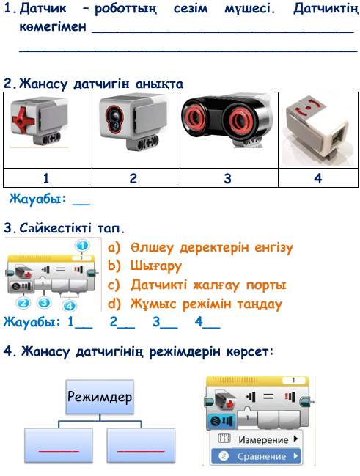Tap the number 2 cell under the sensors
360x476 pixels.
[x=133, y=178]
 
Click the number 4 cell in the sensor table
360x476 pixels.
[x=317, y=178]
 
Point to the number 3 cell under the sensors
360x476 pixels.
[x=227, y=178]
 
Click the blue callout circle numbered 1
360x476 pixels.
[x=82, y=245]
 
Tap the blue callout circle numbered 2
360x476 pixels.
[x=23, y=303]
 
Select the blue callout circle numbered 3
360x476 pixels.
[x=44, y=303]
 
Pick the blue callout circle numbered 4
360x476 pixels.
[x=69, y=305]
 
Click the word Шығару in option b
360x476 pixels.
[x=156, y=266]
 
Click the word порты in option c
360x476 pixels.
[x=266, y=285]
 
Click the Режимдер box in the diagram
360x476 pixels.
[x=100, y=397]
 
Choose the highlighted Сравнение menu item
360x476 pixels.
[x=256, y=456]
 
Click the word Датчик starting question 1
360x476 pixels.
[x=43, y=8]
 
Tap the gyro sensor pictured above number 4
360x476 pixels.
[x=317, y=130]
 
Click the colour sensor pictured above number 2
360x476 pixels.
[x=133, y=122]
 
